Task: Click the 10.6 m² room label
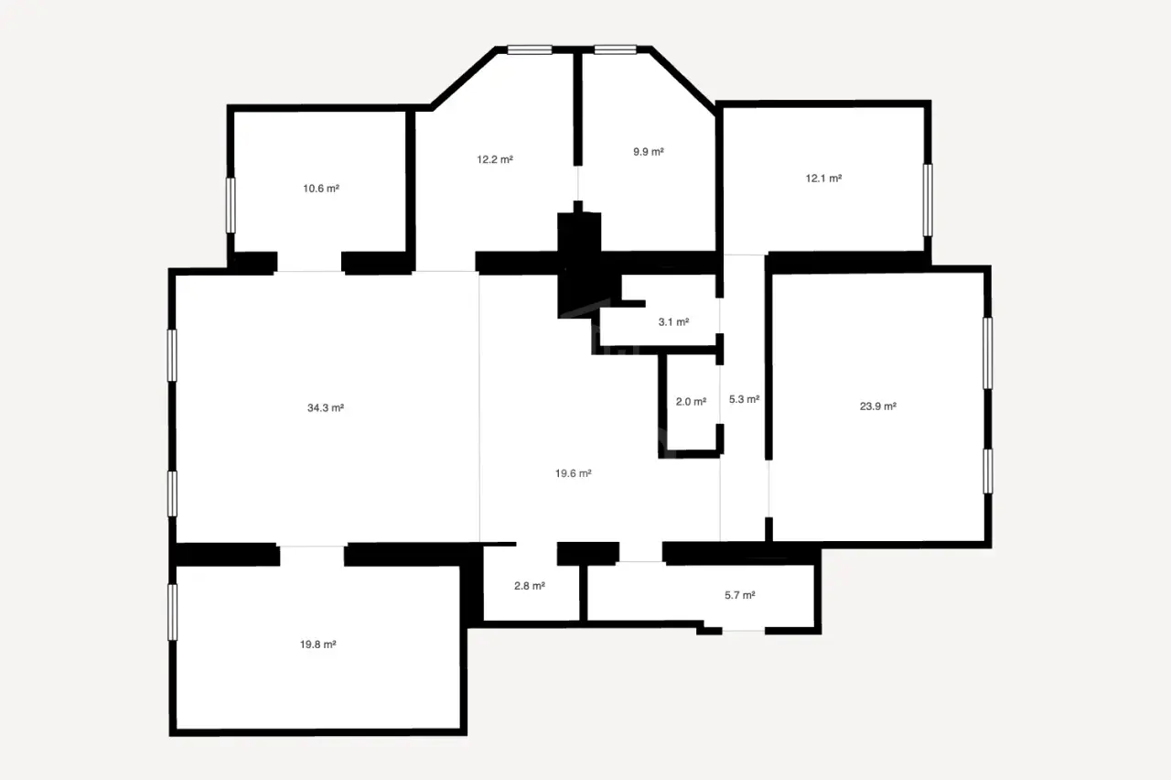click(x=321, y=189)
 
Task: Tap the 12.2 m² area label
click(x=495, y=159)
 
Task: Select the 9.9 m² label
click(x=649, y=152)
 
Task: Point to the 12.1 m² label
click(x=823, y=179)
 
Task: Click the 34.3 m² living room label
click(x=325, y=408)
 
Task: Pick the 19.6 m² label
click(x=573, y=473)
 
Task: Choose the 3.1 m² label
click(x=673, y=322)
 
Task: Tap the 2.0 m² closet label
click(x=691, y=402)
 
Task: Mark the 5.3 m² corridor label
click(x=744, y=400)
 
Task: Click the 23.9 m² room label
click(x=877, y=406)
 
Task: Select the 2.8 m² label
click(x=530, y=586)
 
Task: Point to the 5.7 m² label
click(x=740, y=595)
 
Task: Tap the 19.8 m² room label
click(x=317, y=645)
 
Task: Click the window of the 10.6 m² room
click(x=231, y=205)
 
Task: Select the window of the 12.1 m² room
click(x=928, y=200)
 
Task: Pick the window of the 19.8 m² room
click(x=172, y=612)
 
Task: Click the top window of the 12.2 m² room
click(x=530, y=49)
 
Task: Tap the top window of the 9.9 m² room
click(x=616, y=49)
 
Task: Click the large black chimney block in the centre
click(x=579, y=262)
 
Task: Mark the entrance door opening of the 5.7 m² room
click(x=744, y=631)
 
